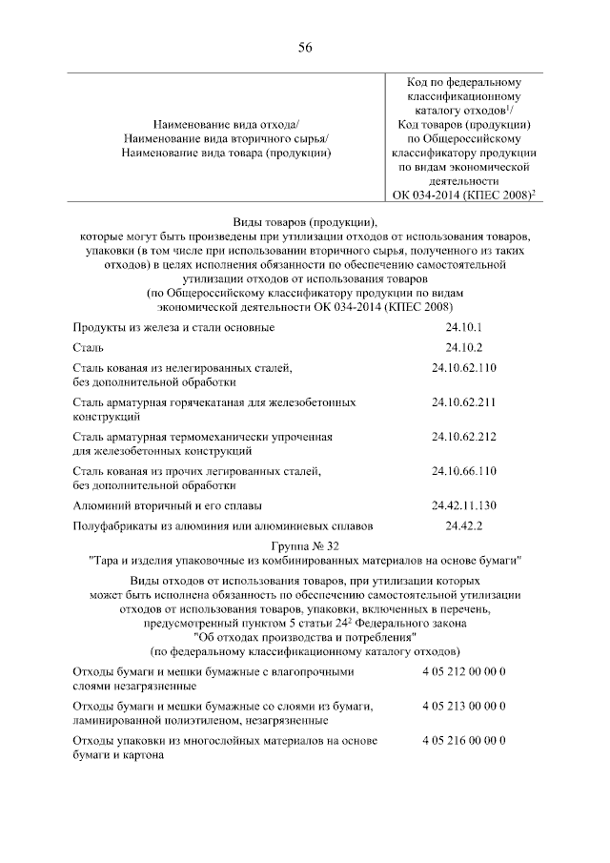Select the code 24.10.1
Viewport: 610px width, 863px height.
click(464, 327)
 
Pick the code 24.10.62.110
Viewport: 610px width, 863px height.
click(464, 367)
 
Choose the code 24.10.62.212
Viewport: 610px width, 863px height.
click(464, 436)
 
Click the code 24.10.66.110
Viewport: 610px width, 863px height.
click(464, 470)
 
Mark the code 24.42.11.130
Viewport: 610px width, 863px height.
click(464, 504)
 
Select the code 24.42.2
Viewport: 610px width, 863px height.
click(464, 524)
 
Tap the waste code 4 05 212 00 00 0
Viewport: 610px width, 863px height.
click(464, 671)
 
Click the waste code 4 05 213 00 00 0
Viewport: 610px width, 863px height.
click(464, 706)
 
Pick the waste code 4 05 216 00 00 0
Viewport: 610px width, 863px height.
click(464, 740)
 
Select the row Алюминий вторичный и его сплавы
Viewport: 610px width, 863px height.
click(168, 504)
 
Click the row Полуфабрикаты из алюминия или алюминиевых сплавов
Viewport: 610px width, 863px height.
click(223, 524)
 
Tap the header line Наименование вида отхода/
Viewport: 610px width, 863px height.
click(225, 126)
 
